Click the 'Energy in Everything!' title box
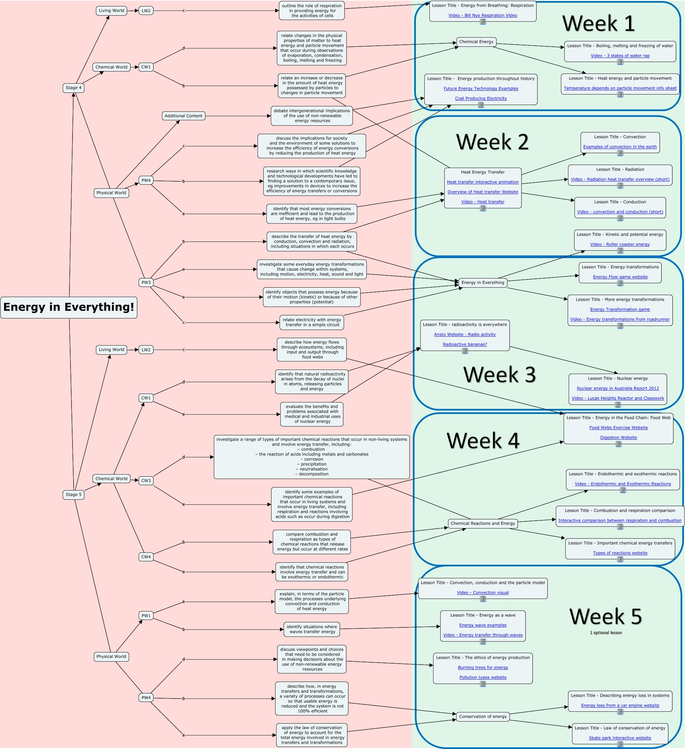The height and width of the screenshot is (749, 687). click(x=69, y=307)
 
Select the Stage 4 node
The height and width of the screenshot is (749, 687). click(x=73, y=88)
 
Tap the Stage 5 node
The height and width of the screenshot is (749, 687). click(x=73, y=495)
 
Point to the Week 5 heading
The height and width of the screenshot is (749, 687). click(x=606, y=617)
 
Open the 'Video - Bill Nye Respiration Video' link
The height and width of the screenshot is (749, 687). click(x=483, y=16)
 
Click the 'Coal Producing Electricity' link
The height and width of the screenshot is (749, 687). click(x=481, y=99)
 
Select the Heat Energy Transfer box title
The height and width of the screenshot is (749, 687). click(x=483, y=172)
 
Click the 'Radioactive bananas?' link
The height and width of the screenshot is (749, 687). click(x=465, y=345)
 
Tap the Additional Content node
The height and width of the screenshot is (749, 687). click(x=183, y=116)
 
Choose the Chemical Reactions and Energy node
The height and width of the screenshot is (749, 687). click(x=483, y=524)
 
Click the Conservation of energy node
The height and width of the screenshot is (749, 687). click(x=483, y=717)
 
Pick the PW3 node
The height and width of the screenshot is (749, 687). click(x=146, y=283)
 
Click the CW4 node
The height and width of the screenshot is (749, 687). click(x=146, y=557)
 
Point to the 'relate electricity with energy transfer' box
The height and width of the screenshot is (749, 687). click(x=311, y=323)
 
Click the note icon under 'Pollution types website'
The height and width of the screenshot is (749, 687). click(x=483, y=684)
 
